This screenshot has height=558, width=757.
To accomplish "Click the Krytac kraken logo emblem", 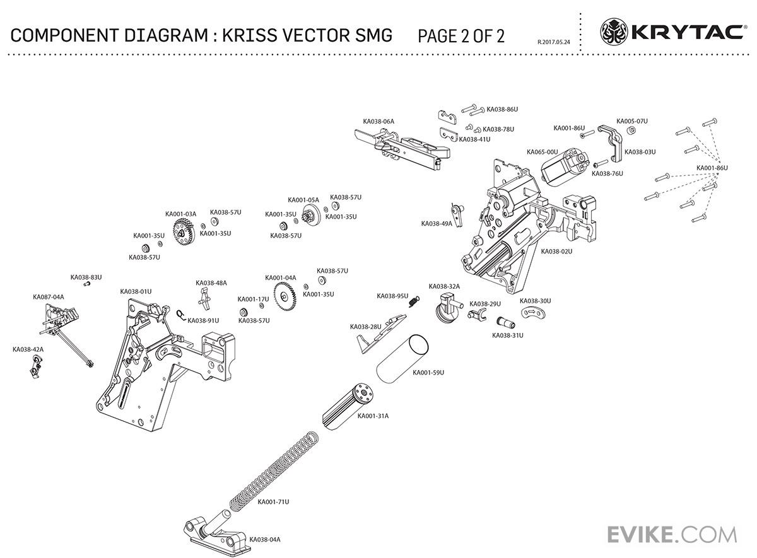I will click(x=614, y=31).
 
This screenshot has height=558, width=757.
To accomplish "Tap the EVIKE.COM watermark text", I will click(x=672, y=534).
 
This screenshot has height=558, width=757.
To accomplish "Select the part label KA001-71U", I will click(x=273, y=502).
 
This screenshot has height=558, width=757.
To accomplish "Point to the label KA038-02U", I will click(x=556, y=251).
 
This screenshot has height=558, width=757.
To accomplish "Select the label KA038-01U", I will click(x=136, y=291).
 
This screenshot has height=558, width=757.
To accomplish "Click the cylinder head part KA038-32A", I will click(x=449, y=309).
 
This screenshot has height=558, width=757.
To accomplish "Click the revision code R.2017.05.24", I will click(x=553, y=42).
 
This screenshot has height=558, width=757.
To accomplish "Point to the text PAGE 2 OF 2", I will click(x=461, y=35).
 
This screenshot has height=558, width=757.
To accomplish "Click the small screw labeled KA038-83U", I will click(x=88, y=284).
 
